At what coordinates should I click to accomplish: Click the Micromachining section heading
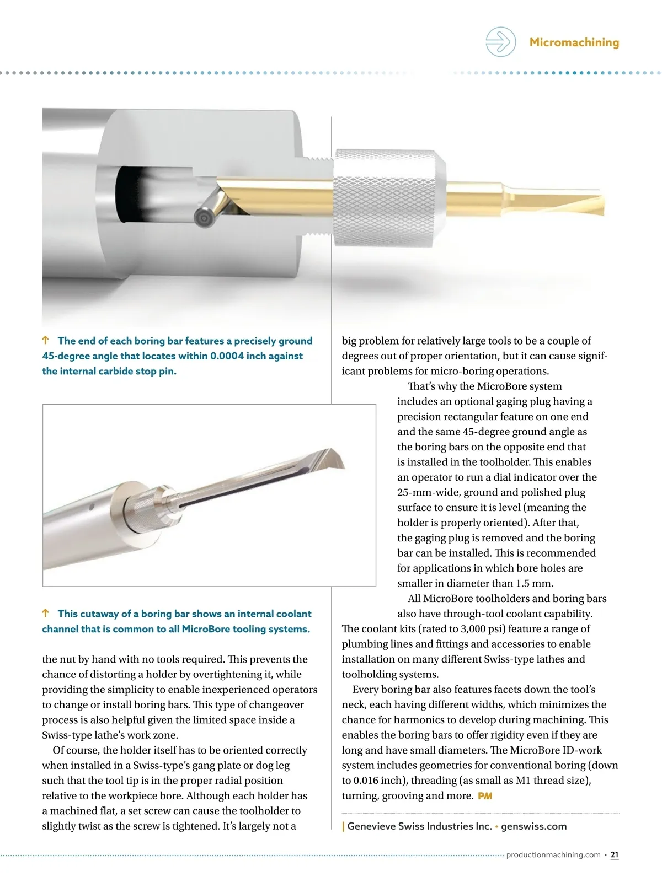(x=574, y=42)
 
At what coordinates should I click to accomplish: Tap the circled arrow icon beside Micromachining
(x=500, y=42)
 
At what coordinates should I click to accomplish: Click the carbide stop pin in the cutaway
(x=204, y=218)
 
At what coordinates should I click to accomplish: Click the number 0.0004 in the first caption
(x=227, y=356)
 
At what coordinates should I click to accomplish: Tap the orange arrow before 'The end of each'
(x=46, y=341)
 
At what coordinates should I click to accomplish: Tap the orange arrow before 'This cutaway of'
(x=46, y=614)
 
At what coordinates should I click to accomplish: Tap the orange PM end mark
(x=485, y=796)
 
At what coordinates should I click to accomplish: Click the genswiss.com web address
(x=533, y=826)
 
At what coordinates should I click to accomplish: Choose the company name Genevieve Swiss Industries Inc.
(x=419, y=826)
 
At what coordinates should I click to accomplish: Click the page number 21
(x=615, y=855)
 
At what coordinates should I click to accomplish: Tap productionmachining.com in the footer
(x=553, y=855)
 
